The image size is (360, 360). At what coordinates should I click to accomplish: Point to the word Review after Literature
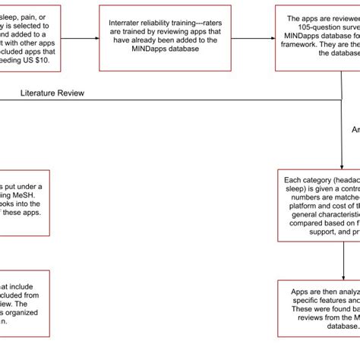[x=86, y=93]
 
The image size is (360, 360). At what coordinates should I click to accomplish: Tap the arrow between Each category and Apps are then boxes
[x=341, y=262]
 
